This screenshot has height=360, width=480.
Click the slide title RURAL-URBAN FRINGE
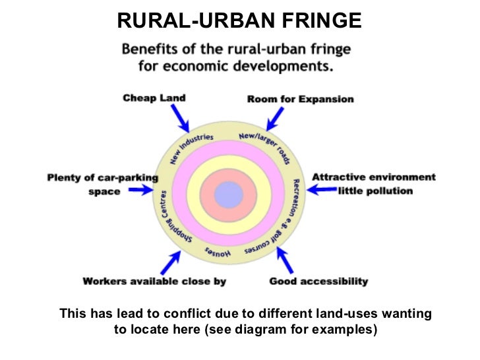(x=239, y=21)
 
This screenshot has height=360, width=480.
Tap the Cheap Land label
(x=154, y=98)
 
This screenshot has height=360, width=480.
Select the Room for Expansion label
(x=300, y=100)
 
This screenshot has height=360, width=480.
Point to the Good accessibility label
(x=318, y=282)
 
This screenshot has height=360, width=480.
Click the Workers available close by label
(x=154, y=282)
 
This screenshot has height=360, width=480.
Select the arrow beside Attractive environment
(x=322, y=190)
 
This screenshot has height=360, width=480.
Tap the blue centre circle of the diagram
(x=229, y=195)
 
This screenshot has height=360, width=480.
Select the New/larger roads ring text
(x=264, y=144)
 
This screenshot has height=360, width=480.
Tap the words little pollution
(x=375, y=191)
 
